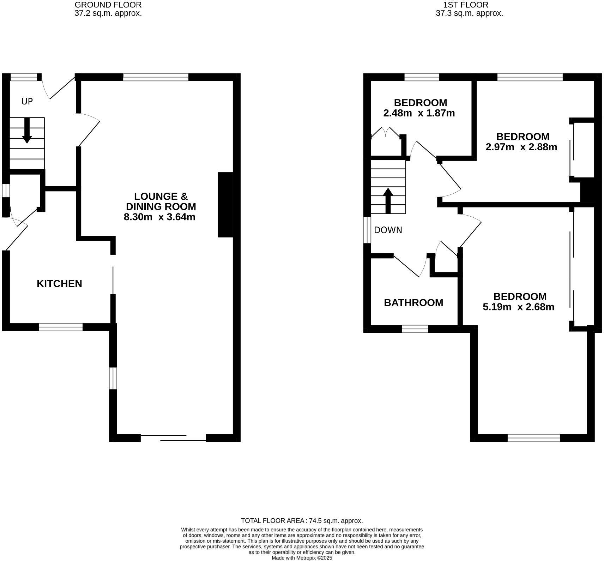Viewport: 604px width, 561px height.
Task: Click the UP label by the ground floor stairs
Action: [x=27, y=102]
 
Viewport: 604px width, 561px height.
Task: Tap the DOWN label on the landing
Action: [x=388, y=230]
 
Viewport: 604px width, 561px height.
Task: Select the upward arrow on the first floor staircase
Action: [x=388, y=200]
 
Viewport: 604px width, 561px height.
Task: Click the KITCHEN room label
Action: [x=59, y=284]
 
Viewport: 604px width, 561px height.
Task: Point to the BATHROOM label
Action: [x=413, y=303]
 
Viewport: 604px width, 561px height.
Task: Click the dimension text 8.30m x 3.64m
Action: [x=159, y=217]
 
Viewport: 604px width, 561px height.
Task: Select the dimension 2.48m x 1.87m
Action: [x=419, y=113]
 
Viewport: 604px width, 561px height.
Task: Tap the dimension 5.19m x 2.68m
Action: [x=518, y=307]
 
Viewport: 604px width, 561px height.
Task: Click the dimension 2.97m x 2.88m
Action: [x=521, y=147]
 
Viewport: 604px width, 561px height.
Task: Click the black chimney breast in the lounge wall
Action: [x=225, y=205]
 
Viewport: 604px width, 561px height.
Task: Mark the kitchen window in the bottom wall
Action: [x=61, y=327]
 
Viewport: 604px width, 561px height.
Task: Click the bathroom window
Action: [x=415, y=329]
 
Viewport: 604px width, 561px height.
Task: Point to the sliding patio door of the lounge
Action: [x=173, y=438]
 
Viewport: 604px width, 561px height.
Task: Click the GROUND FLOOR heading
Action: [x=108, y=5]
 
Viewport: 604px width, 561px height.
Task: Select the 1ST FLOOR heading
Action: [x=466, y=5]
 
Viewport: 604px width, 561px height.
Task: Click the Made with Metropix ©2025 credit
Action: [x=302, y=558]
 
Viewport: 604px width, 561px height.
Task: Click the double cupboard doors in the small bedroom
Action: [x=385, y=132]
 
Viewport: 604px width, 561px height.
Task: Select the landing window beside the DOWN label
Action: [x=367, y=230]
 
